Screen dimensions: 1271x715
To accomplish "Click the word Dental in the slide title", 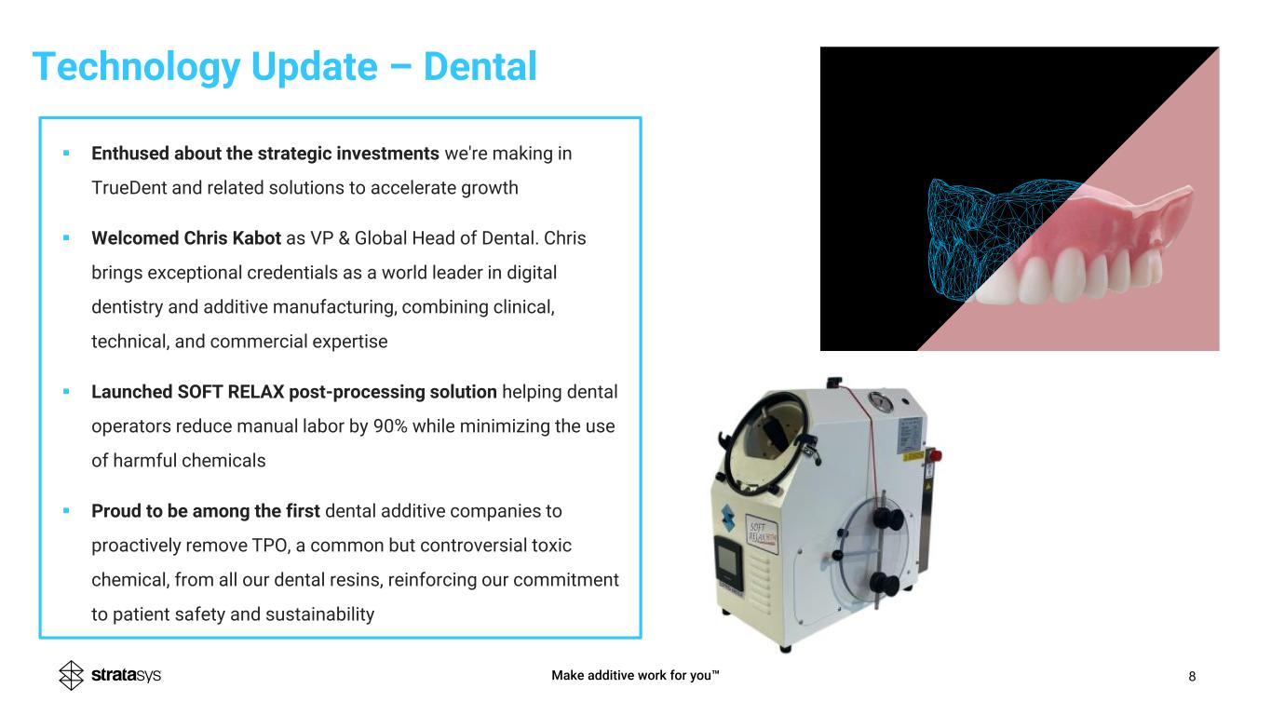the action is [x=480, y=66].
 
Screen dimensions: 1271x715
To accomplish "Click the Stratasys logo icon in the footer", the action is [x=71, y=675].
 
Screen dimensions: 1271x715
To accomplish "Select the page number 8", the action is [x=1192, y=676].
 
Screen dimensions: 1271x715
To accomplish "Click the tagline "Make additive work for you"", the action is [x=635, y=675].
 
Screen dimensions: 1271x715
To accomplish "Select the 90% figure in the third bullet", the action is [x=390, y=426].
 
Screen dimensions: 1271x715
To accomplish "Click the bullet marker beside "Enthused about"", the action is [x=66, y=153].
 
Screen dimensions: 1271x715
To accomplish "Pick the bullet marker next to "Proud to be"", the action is [x=66, y=510].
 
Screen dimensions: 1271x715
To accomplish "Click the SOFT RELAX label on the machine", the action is [x=762, y=533].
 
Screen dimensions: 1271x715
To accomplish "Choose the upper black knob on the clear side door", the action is [x=887, y=518].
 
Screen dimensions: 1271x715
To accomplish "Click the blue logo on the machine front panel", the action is [x=728, y=517].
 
